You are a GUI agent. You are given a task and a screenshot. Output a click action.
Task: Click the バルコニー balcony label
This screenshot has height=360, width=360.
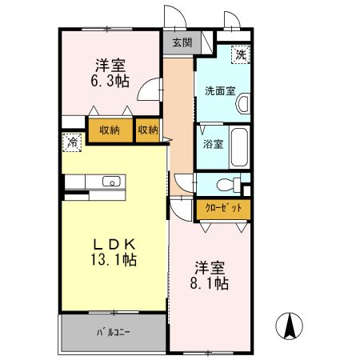click(x=114, y=330)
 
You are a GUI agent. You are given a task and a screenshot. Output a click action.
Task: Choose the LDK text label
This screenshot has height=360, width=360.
click(x=113, y=243)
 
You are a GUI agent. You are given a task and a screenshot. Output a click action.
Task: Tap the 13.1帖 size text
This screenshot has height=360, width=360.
click(x=113, y=260)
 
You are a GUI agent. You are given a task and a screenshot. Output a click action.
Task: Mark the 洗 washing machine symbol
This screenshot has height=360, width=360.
click(x=240, y=54)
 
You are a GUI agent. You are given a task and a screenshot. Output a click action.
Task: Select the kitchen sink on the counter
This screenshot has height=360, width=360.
click(x=110, y=182)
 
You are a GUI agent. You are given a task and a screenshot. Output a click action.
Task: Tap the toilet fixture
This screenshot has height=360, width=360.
click(x=229, y=183)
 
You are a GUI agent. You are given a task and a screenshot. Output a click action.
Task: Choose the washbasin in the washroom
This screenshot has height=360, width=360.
click(x=243, y=103)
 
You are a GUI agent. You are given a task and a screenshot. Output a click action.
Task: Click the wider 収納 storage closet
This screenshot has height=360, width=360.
click(x=110, y=130)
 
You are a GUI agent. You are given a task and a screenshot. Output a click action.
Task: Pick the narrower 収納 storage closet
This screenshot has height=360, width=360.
click(x=147, y=130)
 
